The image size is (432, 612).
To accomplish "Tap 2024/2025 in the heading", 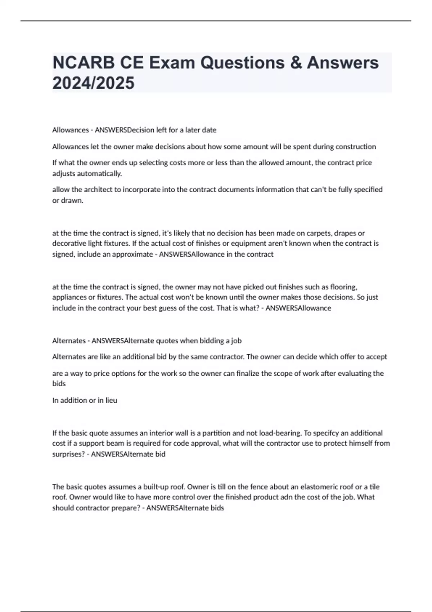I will [93, 83].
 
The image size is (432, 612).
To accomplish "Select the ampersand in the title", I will [296, 63].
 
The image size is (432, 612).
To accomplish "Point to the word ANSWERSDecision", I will [120, 130].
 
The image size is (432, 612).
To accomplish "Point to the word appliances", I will [69, 297].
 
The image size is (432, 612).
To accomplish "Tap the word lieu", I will [111, 400].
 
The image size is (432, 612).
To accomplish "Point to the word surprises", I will [68, 454].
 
